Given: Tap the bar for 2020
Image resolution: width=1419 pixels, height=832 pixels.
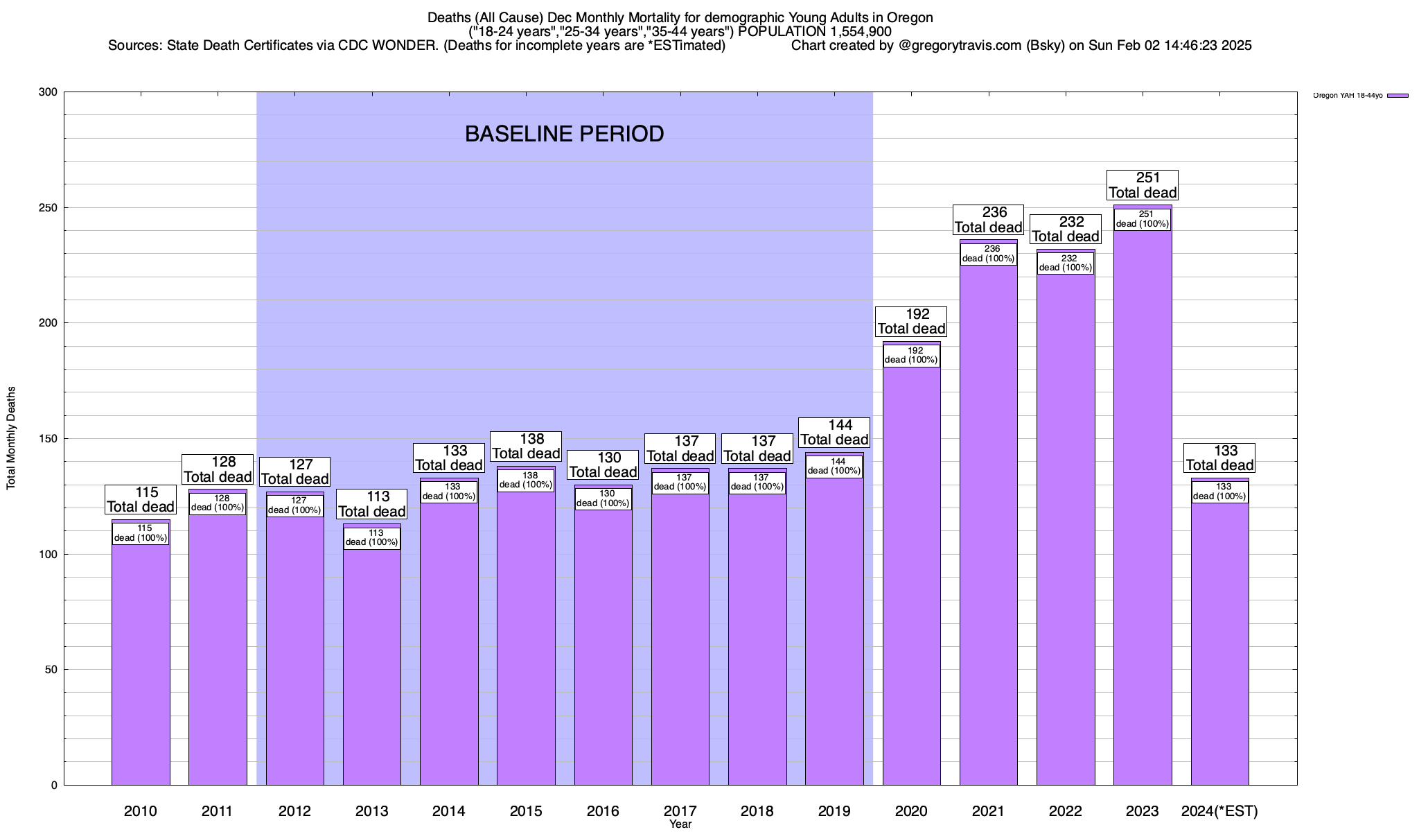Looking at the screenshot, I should coord(911,575).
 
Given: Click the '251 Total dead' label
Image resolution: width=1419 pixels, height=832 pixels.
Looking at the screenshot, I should coord(1143,185).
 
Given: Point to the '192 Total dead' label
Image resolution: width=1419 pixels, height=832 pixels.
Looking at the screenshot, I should coord(911,322).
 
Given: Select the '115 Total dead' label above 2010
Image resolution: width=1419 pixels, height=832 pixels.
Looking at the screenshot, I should coord(141,499).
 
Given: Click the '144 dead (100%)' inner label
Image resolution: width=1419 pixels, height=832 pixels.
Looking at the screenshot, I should coord(834,467).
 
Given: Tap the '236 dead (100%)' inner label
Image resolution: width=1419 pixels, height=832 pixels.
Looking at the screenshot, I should coord(988,254).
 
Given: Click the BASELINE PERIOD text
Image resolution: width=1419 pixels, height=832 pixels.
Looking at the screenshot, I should coord(564,134).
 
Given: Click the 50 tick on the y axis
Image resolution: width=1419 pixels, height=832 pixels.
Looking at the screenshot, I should coord(51,670).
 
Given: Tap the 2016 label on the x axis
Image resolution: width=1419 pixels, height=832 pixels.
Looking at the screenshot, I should coord(603,811).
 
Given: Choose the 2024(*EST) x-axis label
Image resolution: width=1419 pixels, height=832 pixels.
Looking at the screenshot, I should coord(1219,811).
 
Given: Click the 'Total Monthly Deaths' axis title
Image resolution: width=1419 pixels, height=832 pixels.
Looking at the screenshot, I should coord(11,438).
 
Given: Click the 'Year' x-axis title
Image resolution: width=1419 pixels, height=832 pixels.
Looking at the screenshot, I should coord(680,824).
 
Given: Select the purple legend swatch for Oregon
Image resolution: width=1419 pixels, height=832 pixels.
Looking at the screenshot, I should coord(1398,96).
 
